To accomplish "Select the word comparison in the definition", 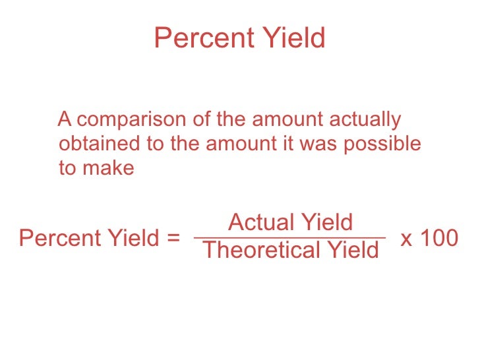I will point(133,121).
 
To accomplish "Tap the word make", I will point(106,167).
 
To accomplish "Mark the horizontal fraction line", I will point(289,237).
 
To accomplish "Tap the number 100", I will point(438,238).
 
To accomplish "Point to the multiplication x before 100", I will point(407,239).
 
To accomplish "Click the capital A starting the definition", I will point(65,121).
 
